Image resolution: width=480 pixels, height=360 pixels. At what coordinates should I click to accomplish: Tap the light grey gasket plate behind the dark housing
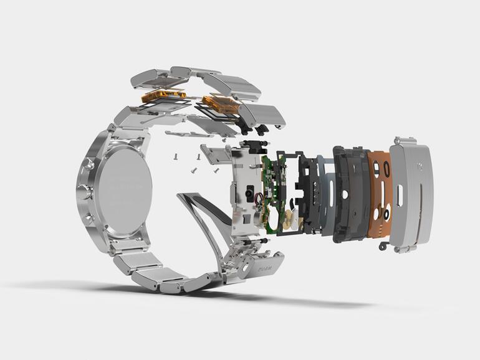pyautogui.click(x=327, y=193)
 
